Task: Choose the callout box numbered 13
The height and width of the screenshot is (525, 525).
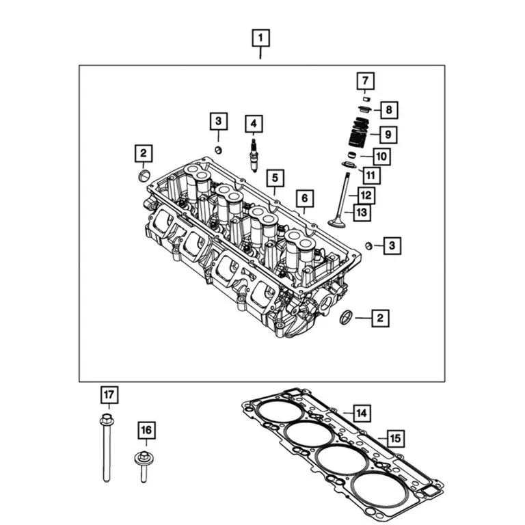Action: point(362,213)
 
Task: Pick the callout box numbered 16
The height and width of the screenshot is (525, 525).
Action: point(145,430)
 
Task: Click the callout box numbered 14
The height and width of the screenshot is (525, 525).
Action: point(361,413)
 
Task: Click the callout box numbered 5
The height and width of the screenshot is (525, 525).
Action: point(275,179)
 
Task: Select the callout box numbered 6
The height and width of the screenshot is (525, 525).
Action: point(305,199)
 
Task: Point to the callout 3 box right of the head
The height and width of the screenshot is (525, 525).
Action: point(392,244)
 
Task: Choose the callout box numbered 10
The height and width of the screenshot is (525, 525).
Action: point(381,157)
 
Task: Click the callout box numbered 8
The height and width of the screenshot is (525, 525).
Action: point(388,109)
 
